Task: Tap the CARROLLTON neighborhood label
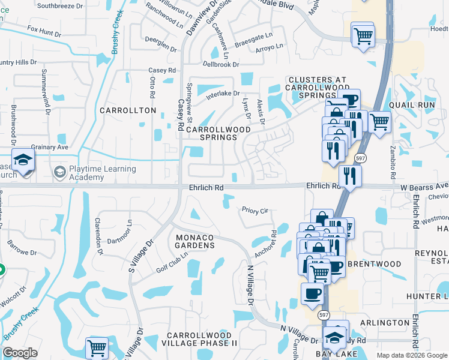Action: (x=128, y=111)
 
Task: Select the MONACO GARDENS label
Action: (x=195, y=241)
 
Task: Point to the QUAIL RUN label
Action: (x=411, y=104)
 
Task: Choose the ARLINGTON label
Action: (x=385, y=323)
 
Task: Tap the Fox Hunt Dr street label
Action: (x=44, y=30)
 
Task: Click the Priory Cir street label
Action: (x=255, y=211)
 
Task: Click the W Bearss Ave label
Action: (x=424, y=187)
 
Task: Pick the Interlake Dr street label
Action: (x=223, y=94)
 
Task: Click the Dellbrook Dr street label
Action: (x=221, y=64)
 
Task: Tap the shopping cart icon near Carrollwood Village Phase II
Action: (x=96, y=347)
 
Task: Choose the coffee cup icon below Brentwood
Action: (x=312, y=293)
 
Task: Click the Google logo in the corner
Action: (x=20, y=353)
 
